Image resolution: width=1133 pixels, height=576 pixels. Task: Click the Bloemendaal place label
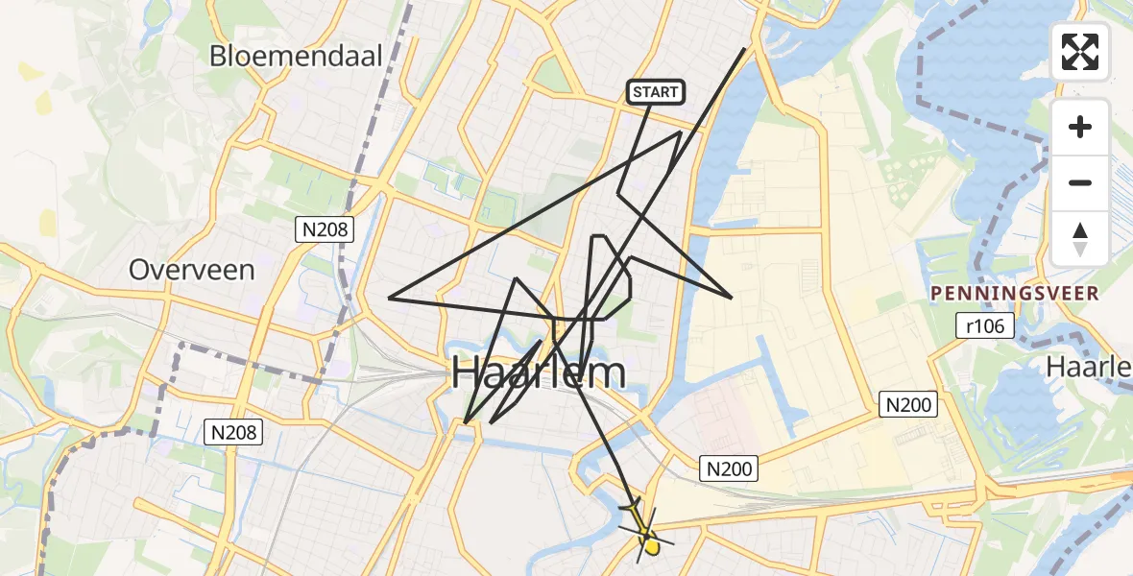297,55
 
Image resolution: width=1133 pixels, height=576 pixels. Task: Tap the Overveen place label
192,270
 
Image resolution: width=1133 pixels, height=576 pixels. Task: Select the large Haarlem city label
539,372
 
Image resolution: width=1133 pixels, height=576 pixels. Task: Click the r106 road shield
986,326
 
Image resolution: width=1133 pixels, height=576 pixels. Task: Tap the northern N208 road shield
325,229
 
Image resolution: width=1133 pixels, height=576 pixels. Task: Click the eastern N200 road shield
908,405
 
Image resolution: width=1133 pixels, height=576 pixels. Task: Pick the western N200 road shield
730,468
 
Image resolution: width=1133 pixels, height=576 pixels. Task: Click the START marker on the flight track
655,92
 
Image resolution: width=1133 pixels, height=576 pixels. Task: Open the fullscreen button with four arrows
1080,52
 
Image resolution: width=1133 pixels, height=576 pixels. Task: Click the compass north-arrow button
1080,239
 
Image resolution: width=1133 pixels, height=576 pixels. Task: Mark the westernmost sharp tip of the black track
389,298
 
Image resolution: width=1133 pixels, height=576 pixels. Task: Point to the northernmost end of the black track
745,48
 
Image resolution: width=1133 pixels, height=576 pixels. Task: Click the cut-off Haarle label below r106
1089,366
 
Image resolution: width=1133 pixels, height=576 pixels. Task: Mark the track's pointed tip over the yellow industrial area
733,298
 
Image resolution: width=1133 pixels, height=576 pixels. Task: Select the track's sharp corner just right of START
680,132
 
